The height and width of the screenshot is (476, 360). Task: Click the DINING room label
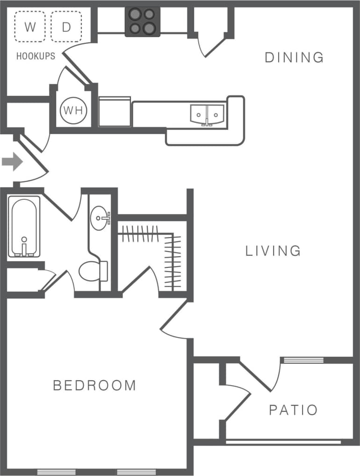tap(294, 58)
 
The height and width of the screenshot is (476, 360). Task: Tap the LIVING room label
tap(274, 251)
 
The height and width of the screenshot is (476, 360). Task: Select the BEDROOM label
tap(94, 386)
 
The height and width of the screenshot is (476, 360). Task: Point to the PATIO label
tap(293, 410)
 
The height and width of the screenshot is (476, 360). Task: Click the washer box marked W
tap(30, 27)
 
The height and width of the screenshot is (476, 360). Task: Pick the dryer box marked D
tap(66, 27)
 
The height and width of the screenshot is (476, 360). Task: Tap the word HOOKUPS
tap(36, 56)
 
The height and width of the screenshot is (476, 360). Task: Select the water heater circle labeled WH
tap(72, 111)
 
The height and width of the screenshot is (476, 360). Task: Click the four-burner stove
tap(143, 22)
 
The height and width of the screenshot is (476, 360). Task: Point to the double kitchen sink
tap(207, 114)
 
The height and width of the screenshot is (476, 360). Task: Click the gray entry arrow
tap(12, 162)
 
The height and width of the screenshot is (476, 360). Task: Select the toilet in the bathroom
tap(92, 271)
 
